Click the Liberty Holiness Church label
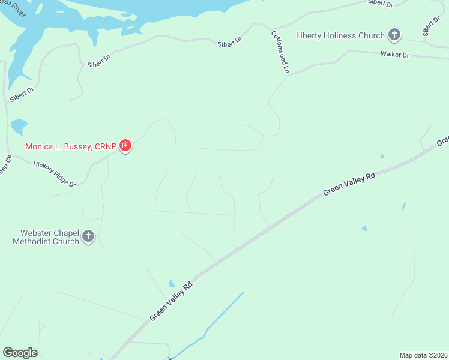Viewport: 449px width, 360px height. tap(340, 35)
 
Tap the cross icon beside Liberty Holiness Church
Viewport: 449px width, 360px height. tap(394, 35)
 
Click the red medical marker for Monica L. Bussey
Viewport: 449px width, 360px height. tap(125, 146)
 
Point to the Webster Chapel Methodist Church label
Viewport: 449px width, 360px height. tap(46, 236)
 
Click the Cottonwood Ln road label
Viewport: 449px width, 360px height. tap(279, 52)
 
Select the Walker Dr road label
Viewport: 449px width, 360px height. tap(394, 55)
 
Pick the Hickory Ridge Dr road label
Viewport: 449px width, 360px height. tap(54, 174)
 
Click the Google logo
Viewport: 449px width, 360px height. tap(20, 353)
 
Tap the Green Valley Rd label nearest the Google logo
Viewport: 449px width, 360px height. tap(171, 300)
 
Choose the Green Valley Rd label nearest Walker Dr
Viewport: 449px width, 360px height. tap(349, 184)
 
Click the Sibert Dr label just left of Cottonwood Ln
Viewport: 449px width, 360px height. tap(229, 41)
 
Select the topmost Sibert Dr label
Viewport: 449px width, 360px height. tap(381, 4)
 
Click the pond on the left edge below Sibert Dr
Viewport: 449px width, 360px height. tap(18, 127)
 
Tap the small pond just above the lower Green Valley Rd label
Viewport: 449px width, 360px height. tap(172, 283)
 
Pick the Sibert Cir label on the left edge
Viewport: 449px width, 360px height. tap(5, 165)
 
